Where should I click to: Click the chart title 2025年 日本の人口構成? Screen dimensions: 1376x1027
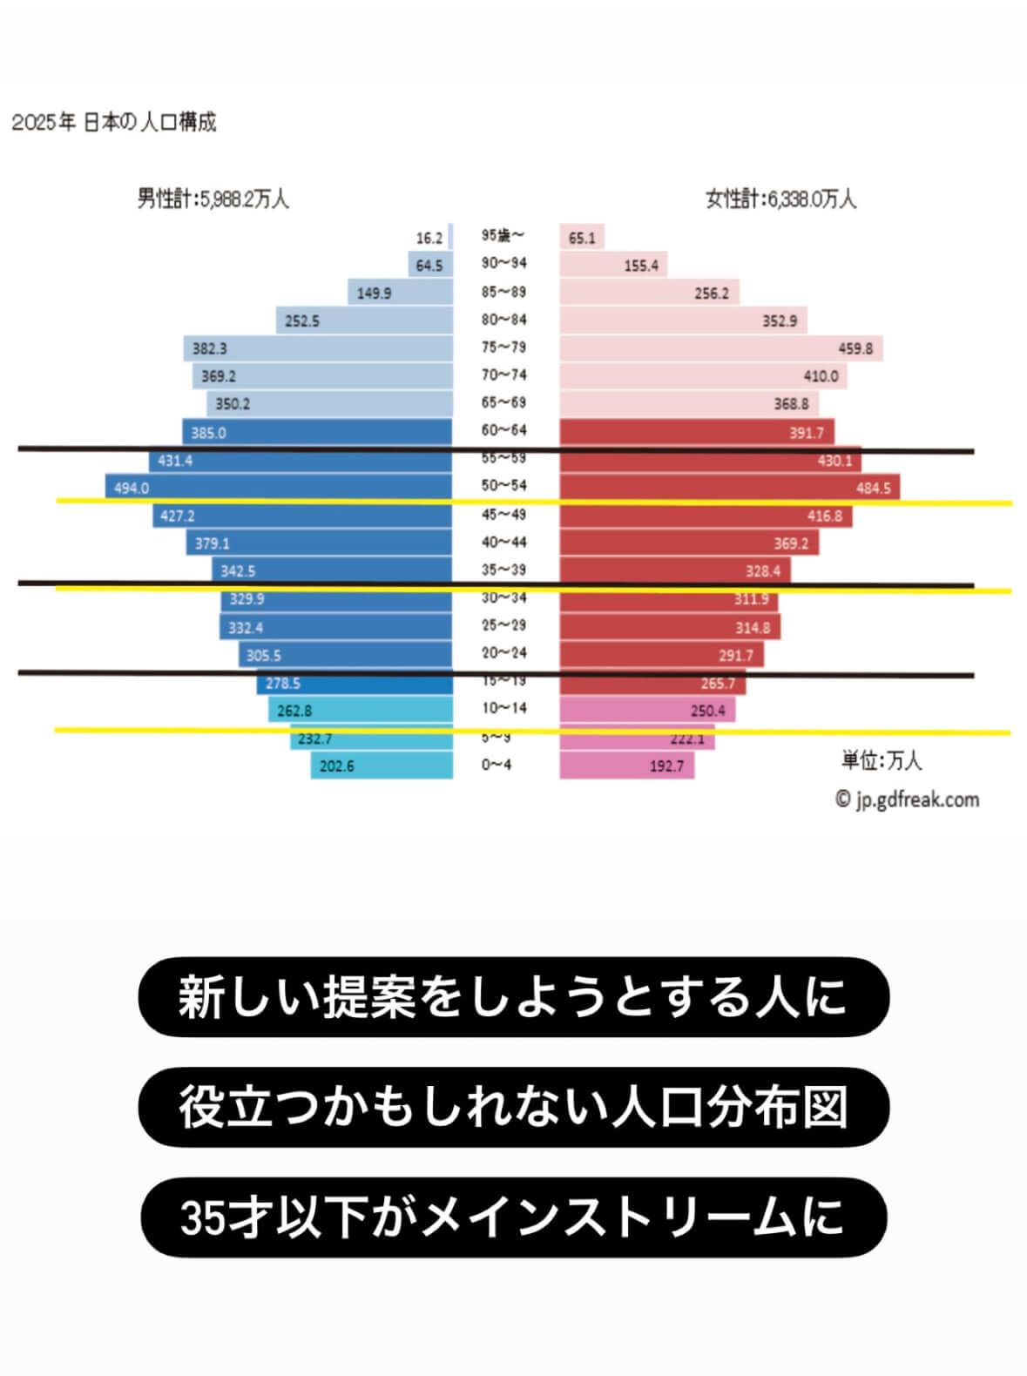[113, 122]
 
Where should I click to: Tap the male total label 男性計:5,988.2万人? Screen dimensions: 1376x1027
[213, 199]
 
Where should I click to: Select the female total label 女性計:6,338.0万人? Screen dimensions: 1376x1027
[780, 199]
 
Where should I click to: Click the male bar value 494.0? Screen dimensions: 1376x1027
[132, 488]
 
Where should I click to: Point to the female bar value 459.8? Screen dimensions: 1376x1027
[855, 348]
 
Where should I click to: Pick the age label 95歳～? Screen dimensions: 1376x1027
[503, 235]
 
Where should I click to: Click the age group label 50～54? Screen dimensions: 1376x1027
[503, 485]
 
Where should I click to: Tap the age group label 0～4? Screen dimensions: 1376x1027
[497, 765]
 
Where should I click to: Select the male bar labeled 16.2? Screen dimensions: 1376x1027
[450, 237]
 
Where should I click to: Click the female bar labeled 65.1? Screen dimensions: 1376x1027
[582, 237]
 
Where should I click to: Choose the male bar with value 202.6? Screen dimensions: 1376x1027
[382, 766]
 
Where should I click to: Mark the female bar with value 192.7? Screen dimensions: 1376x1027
[625, 766]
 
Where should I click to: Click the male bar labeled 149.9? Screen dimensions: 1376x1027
[401, 293]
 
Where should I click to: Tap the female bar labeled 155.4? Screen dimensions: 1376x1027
[613, 265]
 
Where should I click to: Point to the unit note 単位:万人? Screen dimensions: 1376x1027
[881, 760]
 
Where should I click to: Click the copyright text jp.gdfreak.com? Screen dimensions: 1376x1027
[907, 799]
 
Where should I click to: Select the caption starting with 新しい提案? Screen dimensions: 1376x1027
[513, 997]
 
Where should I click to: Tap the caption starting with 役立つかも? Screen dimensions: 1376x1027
[513, 1107]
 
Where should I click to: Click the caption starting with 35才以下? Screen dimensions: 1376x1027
[513, 1217]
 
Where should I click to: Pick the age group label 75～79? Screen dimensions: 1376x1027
[503, 347]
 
